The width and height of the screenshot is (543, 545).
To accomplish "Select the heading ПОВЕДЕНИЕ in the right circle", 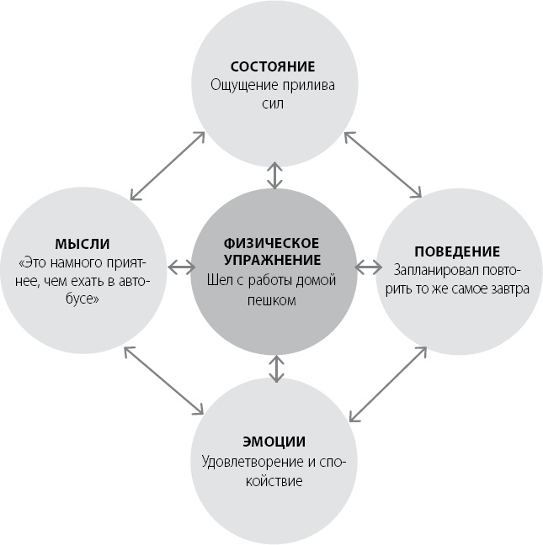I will point(457,251).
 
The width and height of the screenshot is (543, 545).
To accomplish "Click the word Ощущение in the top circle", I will point(242,85).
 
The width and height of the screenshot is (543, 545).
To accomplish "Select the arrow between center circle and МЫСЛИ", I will point(180,268).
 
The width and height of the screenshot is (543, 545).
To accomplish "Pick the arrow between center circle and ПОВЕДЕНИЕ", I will point(368,268).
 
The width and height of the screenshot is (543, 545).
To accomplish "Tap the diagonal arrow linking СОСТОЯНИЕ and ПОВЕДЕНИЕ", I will point(382,165).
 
